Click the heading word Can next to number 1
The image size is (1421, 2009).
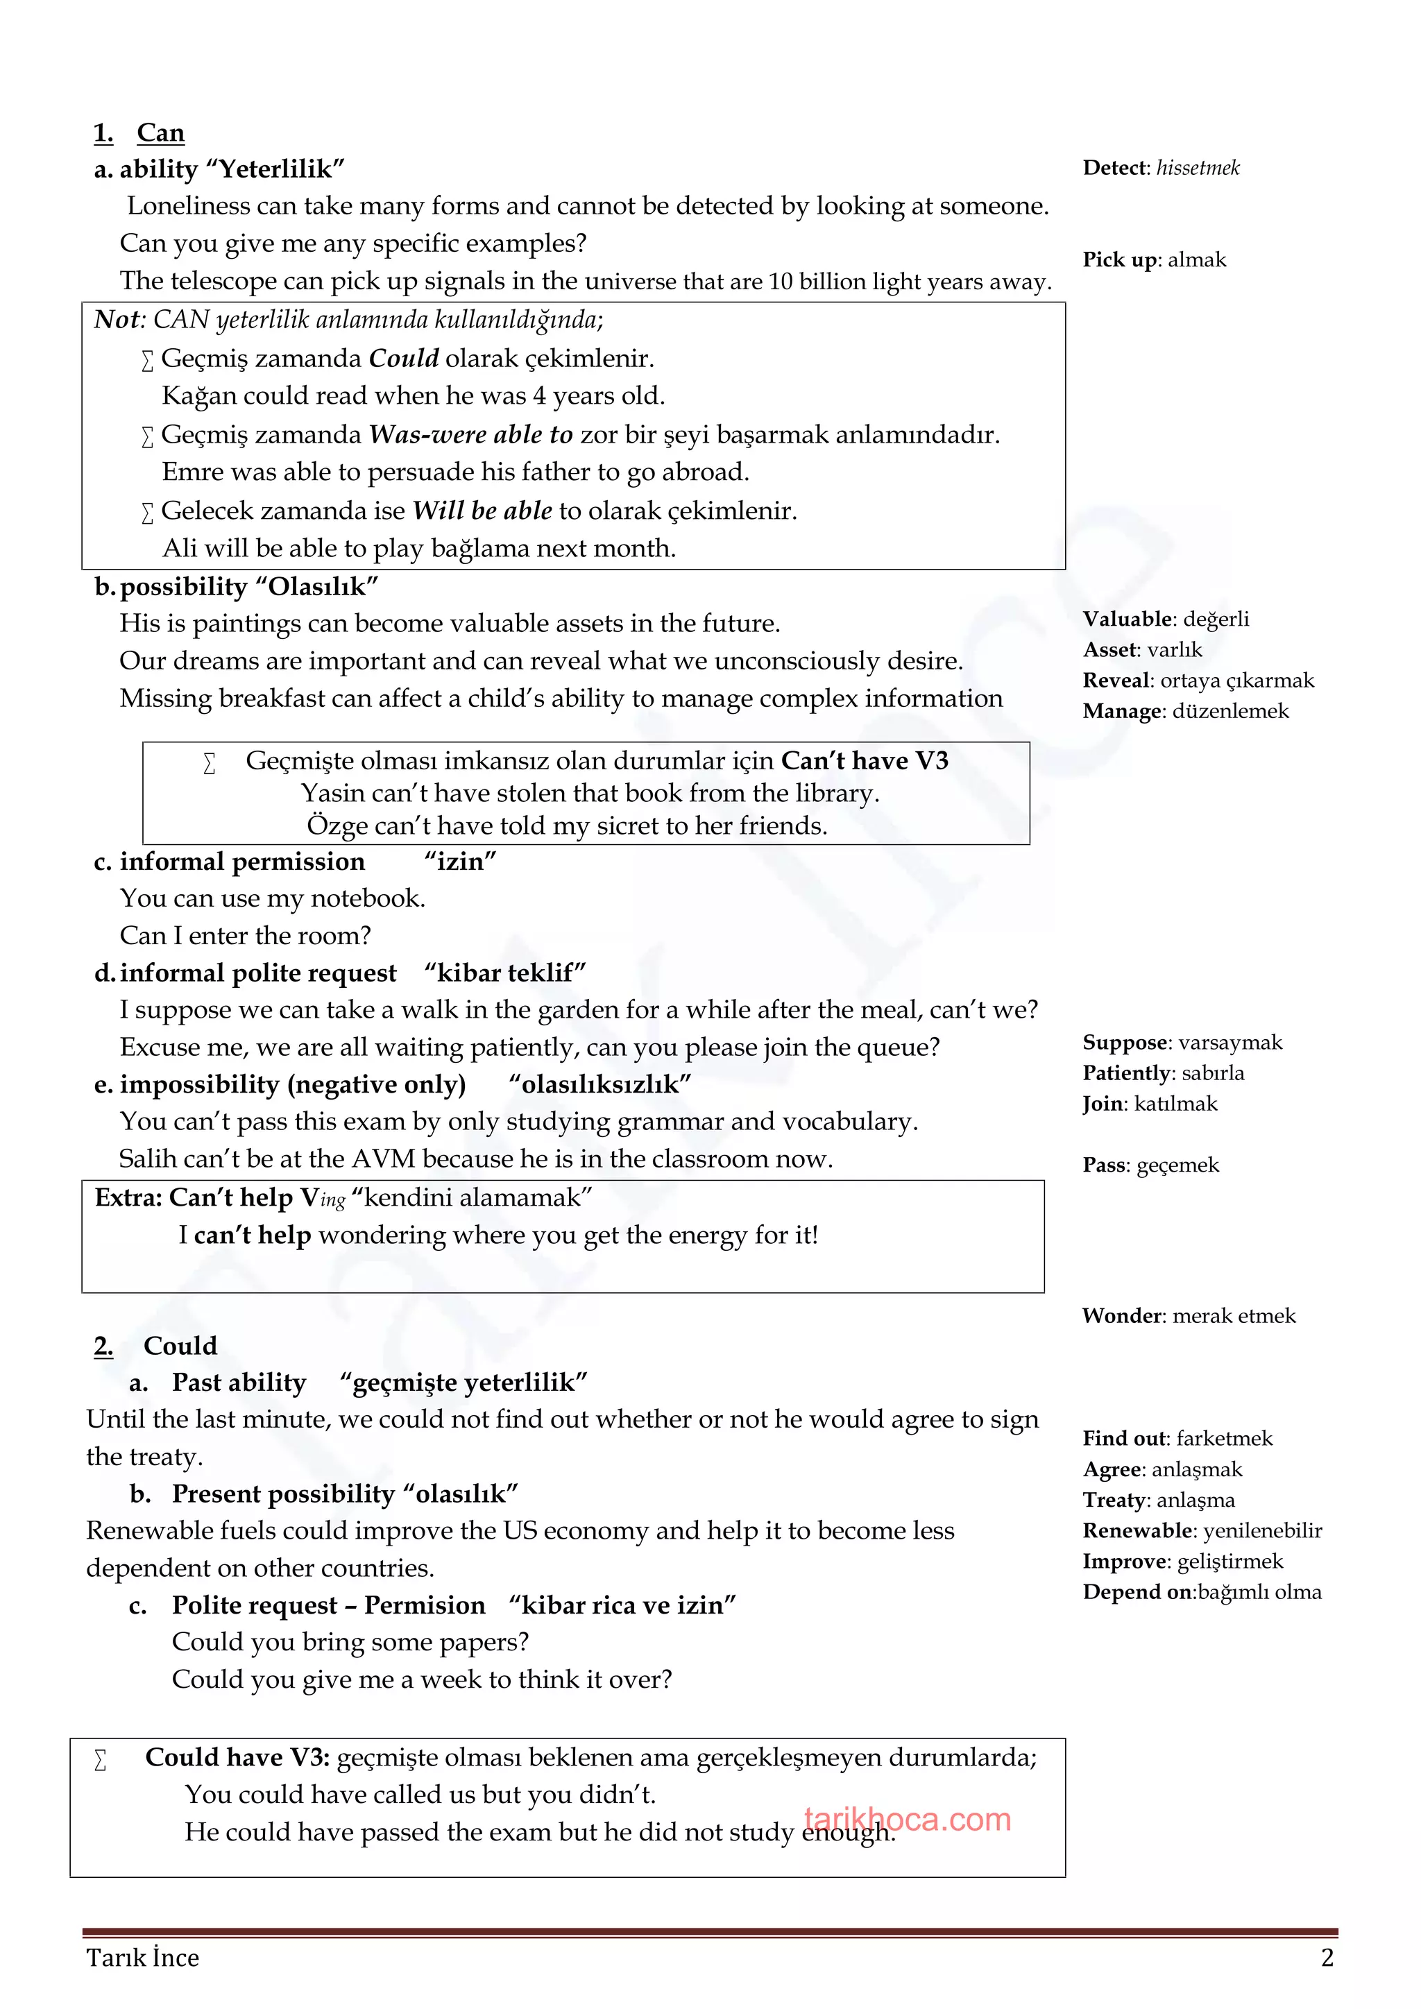click(x=160, y=133)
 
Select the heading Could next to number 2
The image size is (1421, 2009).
click(x=180, y=1346)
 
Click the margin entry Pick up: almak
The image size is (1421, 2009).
click(x=1153, y=260)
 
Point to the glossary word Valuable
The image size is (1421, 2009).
click(x=1127, y=619)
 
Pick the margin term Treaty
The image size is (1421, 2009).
click(x=1114, y=1500)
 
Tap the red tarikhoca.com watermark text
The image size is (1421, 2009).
click(x=908, y=1820)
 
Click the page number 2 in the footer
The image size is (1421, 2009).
click(x=1327, y=1958)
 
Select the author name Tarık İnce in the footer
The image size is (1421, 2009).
click(x=143, y=1958)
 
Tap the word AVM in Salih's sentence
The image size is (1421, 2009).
click(x=383, y=1159)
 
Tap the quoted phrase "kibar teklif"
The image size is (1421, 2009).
click(x=505, y=973)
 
